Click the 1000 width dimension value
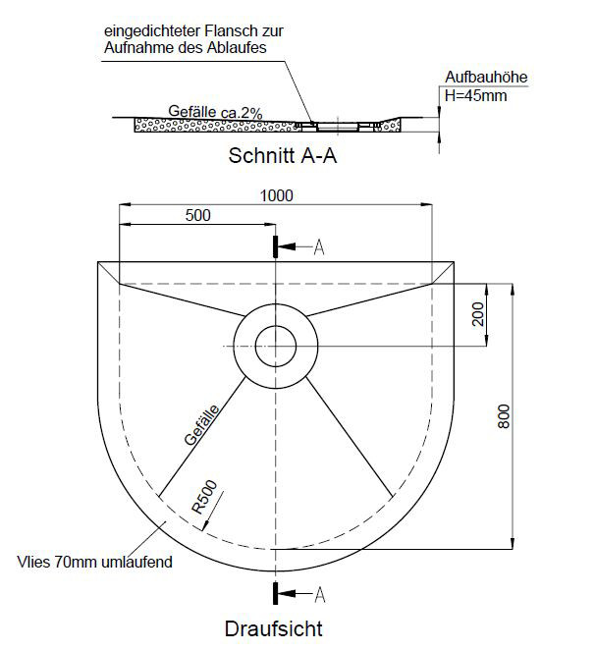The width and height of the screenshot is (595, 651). [277, 195]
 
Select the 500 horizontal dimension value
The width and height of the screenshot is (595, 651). [198, 215]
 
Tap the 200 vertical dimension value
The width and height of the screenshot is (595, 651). [478, 314]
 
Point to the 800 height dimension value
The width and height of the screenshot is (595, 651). [504, 416]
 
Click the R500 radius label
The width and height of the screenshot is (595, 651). [204, 497]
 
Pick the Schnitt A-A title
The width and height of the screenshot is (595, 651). [283, 156]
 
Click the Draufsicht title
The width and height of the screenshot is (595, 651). [274, 628]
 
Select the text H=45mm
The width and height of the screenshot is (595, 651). [475, 95]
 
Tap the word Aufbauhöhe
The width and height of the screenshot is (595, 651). [486, 77]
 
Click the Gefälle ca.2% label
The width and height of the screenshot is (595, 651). [215, 112]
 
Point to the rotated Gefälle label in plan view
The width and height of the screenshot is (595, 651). [202, 425]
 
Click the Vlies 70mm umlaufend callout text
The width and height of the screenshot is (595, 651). [94, 562]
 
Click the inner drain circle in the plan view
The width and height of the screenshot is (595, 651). [276, 326]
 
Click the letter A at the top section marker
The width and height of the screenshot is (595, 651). [319, 247]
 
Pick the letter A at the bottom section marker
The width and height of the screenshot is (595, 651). [320, 595]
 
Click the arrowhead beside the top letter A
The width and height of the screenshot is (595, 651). [287, 246]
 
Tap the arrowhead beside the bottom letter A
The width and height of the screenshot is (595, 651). [287, 593]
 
